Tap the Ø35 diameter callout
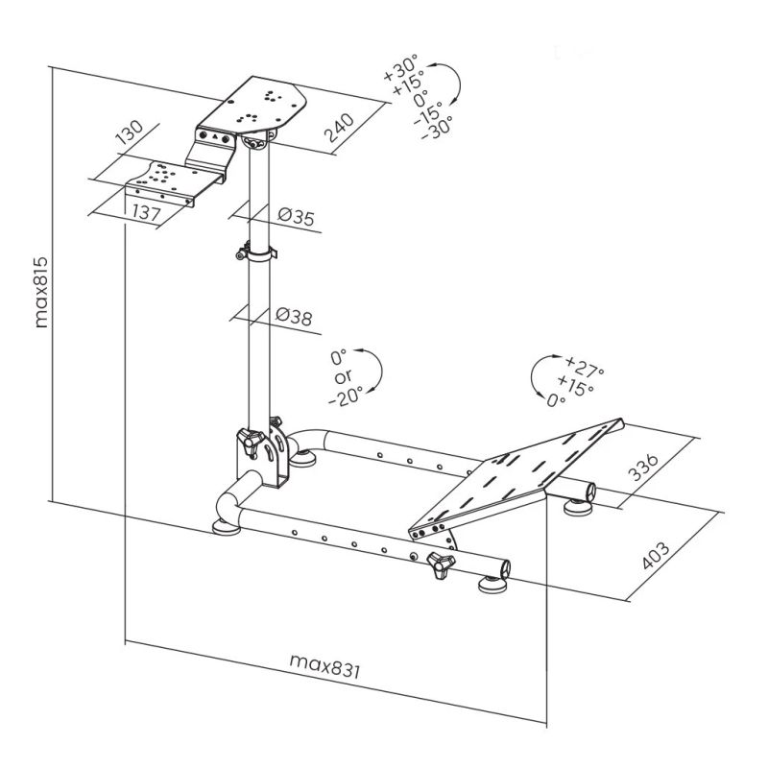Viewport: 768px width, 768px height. (x=296, y=218)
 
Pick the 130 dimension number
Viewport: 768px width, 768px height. (x=129, y=133)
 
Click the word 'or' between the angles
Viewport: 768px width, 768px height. (x=342, y=375)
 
